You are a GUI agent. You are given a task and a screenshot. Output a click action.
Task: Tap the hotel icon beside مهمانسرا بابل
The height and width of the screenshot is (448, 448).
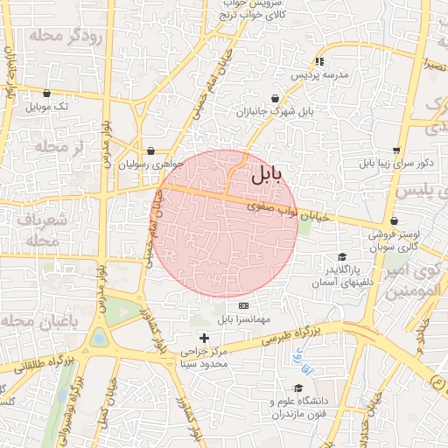point(243,305)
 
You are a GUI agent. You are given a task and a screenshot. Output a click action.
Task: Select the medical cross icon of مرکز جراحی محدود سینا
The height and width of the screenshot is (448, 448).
point(204,338)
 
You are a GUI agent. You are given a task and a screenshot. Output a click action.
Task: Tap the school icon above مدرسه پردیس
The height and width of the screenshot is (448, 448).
point(320,61)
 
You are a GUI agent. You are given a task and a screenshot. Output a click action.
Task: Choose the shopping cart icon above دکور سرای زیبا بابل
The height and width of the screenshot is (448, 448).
point(396,150)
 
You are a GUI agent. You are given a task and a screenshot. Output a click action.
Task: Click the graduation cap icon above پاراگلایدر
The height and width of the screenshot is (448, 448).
point(342,256)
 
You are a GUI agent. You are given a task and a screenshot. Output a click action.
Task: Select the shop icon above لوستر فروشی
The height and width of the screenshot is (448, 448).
point(395,221)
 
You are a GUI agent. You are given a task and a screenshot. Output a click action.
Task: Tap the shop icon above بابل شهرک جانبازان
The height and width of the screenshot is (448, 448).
point(276,98)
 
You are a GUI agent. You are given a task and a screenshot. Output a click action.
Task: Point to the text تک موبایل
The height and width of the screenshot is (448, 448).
point(46,107)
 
